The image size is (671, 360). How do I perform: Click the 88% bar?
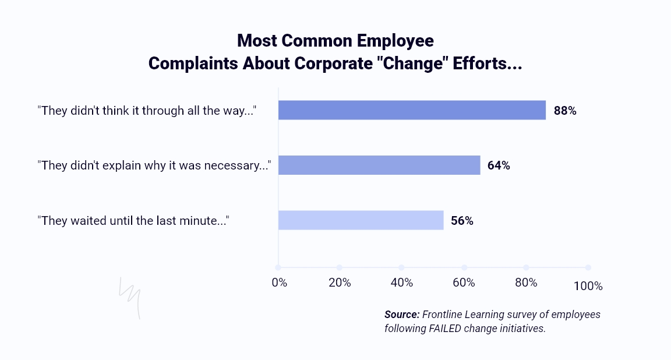(x=412, y=110)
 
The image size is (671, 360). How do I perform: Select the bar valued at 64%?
(x=379, y=165)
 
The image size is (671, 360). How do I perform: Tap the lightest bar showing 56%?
(x=361, y=220)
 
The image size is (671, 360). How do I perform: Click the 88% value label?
(x=565, y=111)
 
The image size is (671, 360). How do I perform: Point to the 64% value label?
(x=499, y=165)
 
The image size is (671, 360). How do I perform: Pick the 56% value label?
(x=462, y=221)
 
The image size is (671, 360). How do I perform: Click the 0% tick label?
(x=280, y=283)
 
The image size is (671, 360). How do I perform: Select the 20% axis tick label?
(x=340, y=283)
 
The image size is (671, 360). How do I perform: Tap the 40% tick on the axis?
(x=402, y=283)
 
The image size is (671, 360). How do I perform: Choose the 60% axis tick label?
(x=464, y=283)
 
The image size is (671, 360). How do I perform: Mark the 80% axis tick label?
(x=526, y=283)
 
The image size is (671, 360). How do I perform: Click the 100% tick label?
(x=588, y=286)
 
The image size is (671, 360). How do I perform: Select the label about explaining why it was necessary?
(x=155, y=165)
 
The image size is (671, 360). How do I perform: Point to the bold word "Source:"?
(x=402, y=315)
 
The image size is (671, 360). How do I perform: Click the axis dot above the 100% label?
(x=588, y=267)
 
